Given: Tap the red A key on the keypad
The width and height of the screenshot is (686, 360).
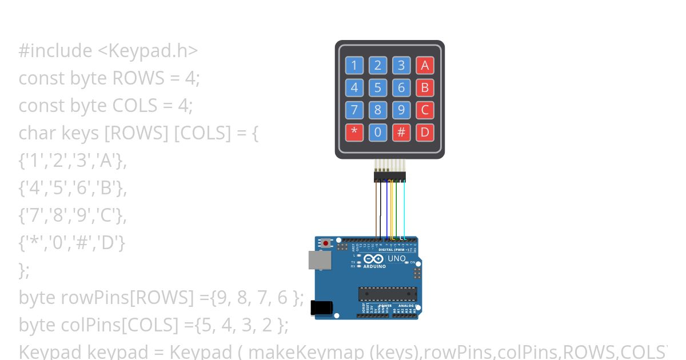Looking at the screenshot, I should (x=425, y=65).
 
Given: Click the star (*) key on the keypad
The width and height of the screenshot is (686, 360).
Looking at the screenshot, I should (x=354, y=133).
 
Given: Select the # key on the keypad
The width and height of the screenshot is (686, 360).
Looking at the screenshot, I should (x=401, y=133).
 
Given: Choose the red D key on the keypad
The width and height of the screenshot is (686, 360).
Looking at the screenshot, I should (x=425, y=133).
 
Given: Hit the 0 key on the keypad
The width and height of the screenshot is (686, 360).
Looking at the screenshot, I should (x=377, y=133).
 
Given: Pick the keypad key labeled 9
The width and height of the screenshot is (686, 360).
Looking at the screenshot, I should (x=401, y=110).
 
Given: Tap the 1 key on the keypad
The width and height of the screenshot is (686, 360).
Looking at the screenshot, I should (x=354, y=65).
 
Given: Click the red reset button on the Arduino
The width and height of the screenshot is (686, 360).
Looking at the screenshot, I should (x=326, y=243).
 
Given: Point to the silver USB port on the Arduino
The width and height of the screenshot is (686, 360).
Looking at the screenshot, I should (x=318, y=260).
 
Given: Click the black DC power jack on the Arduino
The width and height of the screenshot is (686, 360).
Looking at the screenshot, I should (x=321, y=307).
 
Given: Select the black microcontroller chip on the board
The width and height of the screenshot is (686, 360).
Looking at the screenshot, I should (x=387, y=294).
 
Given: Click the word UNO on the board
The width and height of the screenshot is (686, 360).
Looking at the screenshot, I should (x=397, y=259).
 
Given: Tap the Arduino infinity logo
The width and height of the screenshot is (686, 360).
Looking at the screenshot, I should (x=374, y=259).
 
